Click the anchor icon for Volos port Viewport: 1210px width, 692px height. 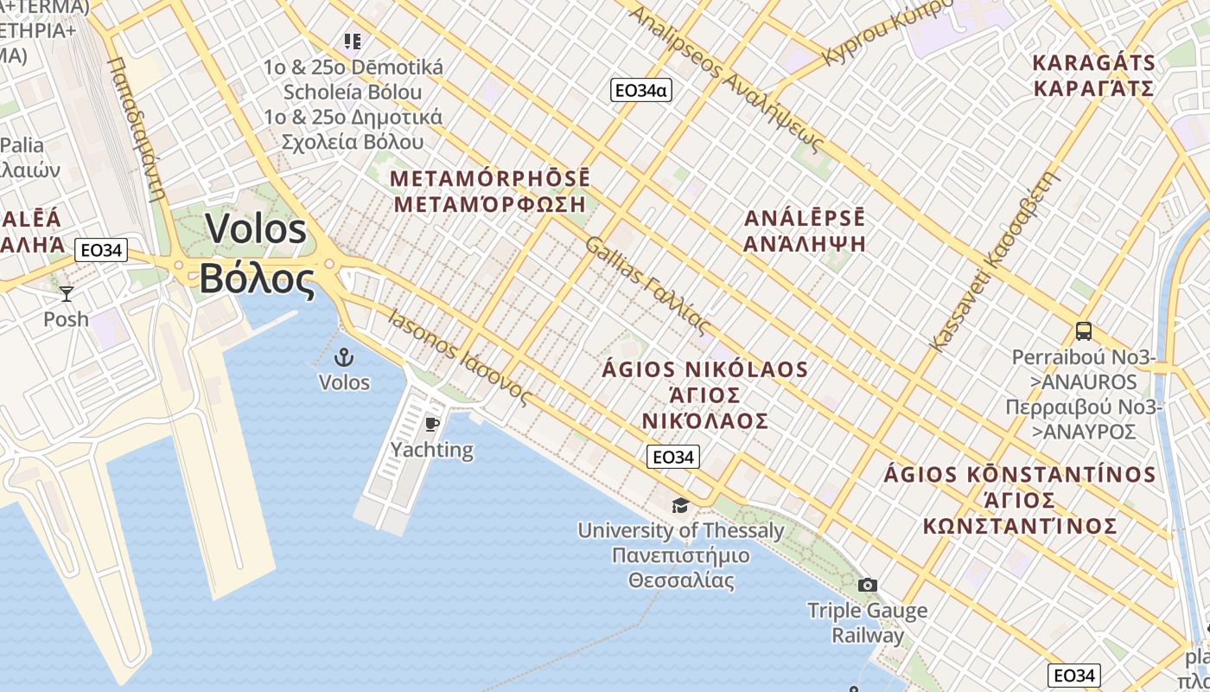344,356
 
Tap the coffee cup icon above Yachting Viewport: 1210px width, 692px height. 432,423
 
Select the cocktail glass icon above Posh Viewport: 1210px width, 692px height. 66,293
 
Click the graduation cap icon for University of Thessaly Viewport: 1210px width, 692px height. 681,504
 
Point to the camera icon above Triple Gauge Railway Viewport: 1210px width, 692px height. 868,585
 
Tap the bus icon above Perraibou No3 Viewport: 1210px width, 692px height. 1083,330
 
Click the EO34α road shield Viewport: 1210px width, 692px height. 640,90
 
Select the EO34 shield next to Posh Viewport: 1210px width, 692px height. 101,251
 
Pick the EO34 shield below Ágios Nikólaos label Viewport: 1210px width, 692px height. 672,458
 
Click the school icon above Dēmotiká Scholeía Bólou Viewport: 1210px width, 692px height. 352,41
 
